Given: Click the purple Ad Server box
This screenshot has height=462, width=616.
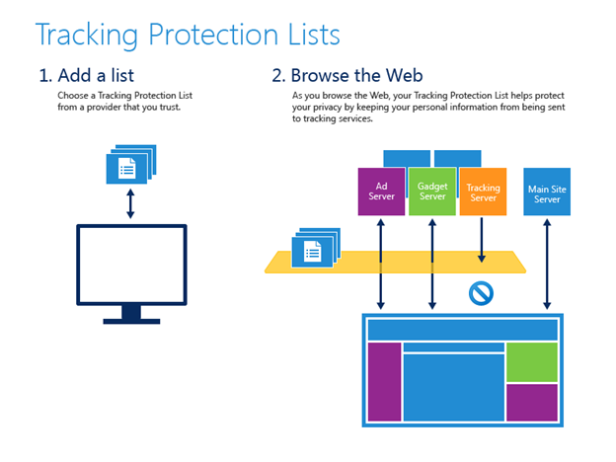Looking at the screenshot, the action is click(x=381, y=192).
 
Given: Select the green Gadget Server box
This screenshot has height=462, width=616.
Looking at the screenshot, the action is click(x=432, y=192).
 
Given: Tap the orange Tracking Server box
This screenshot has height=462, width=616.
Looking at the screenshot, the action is click(x=483, y=192).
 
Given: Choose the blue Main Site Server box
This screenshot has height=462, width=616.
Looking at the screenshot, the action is click(x=547, y=192).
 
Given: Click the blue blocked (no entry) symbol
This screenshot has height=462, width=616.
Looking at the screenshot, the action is click(x=482, y=293).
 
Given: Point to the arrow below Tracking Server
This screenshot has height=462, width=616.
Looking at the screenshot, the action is click(x=482, y=240).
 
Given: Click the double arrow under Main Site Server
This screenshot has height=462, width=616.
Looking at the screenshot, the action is click(x=547, y=264).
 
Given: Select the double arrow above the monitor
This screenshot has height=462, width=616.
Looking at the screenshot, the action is click(x=130, y=203).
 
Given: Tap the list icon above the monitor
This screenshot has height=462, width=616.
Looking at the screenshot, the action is click(x=131, y=164).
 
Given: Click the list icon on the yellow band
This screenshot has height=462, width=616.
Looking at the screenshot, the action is click(x=316, y=248).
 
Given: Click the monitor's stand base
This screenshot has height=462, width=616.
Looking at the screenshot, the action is click(x=131, y=322).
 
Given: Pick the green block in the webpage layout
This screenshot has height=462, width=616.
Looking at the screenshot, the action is click(x=532, y=362).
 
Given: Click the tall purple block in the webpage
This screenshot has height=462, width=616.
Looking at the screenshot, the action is click(x=384, y=381).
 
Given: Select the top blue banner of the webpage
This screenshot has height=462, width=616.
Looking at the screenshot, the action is click(x=463, y=330).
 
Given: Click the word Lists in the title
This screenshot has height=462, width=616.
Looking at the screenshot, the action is click(x=314, y=35).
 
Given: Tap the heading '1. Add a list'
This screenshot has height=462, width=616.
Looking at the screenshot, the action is click(x=87, y=75).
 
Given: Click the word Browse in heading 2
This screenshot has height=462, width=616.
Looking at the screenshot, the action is click(x=320, y=75).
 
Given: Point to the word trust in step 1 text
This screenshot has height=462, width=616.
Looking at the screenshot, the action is click(x=170, y=108).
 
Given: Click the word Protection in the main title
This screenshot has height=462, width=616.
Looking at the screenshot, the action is click(x=213, y=35).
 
